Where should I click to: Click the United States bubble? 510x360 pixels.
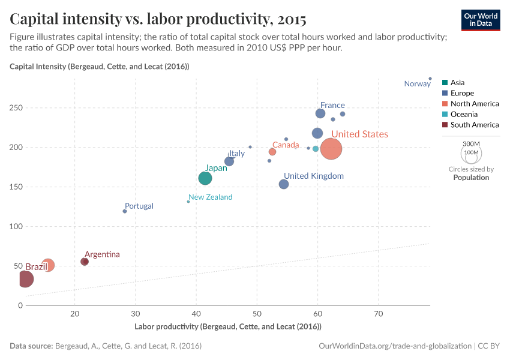coord(331,149)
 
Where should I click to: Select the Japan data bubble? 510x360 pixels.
coord(205,178)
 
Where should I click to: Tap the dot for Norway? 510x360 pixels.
coord(430,79)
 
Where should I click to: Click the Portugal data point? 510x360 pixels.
coord(125,211)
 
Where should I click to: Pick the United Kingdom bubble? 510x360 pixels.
coord(284,184)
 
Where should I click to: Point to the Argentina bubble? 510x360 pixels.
coord(85,262)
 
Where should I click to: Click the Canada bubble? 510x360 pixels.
coord(272,152)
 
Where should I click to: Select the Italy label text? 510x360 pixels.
coord(236,154)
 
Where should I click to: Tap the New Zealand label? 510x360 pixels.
coord(210,197)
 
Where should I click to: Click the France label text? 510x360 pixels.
coord(332,105)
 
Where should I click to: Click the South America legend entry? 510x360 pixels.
coord(474,125)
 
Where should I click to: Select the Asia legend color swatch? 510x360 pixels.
coord(445,83)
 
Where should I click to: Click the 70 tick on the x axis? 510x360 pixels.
coord(379,313)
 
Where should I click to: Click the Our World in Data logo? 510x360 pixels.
coord(481,19)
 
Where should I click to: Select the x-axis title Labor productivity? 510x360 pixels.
coord(228,326)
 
